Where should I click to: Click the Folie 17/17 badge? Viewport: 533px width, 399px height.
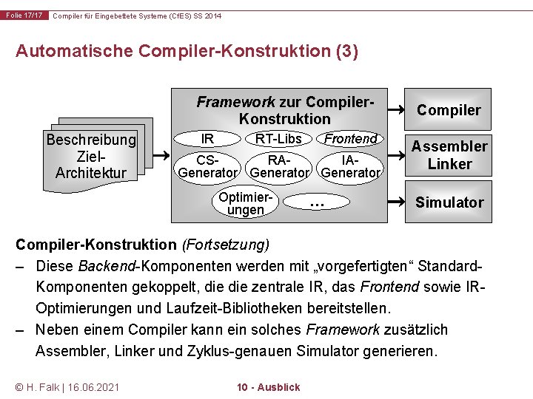point(24,16)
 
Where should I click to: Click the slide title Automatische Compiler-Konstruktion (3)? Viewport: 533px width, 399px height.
point(187,51)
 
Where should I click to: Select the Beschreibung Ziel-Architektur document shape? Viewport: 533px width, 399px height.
point(91,156)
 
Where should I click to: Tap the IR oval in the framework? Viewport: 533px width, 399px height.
point(208,139)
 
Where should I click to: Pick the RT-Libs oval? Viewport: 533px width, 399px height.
point(278,139)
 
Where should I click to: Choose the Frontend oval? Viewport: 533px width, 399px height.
point(351,139)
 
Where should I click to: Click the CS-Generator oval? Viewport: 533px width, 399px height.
point(208,166)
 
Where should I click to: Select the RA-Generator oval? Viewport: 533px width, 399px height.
point(279,166)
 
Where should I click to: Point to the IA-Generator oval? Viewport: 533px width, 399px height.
point(351,166)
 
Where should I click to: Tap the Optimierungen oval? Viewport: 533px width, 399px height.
point(246,203)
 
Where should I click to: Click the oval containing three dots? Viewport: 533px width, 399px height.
point(317,202)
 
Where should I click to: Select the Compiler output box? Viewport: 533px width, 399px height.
point(449,111)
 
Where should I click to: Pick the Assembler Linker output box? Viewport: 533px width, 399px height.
point(449,155)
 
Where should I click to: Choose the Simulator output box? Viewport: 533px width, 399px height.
point(449,202)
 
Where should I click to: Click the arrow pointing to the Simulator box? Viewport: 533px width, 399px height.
point(397,202)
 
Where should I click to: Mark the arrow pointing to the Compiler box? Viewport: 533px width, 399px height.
point(397,110)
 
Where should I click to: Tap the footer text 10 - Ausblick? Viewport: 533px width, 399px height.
point(268,387)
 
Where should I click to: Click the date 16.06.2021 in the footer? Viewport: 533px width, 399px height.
point(93,387)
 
